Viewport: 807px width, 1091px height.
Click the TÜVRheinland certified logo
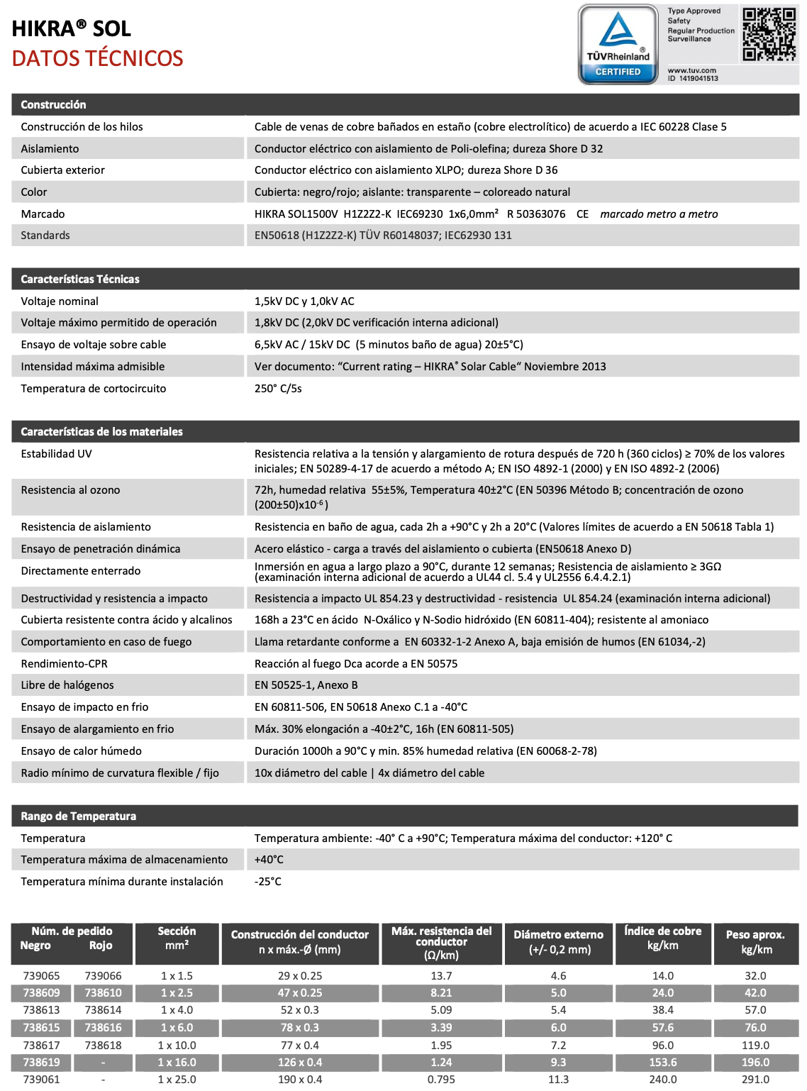tap(618, 44)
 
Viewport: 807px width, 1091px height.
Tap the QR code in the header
tap(769, 34)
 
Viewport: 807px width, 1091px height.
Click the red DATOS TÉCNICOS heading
tap(98, 58)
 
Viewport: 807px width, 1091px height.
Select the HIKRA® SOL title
tap(72, 28)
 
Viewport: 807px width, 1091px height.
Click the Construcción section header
tap(53, 104)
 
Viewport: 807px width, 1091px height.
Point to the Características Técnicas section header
tap(80, 279)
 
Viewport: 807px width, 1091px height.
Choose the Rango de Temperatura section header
tap(78, 816)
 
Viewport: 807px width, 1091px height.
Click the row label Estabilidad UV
tap(57, 454)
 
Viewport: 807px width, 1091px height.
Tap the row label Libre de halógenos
tap(67, 685)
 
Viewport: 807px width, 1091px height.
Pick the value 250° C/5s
tap(278, 389)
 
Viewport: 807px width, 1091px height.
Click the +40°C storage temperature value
tap(269, 860)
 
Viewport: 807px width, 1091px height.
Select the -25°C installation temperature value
tap(268, 882)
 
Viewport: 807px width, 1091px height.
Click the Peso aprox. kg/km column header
tap(756, 942)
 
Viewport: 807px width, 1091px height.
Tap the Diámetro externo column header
tap(559, 942)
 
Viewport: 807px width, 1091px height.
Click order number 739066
tap(104, 976)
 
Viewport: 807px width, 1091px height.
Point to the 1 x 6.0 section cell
tap(177, 1028)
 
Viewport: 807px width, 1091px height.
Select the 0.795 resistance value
tap(441, 1080)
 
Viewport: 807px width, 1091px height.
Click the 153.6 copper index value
tap(663, 1063)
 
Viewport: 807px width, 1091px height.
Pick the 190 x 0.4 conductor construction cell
tap(301, 1080)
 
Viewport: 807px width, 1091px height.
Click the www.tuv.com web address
tap(692, 70)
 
